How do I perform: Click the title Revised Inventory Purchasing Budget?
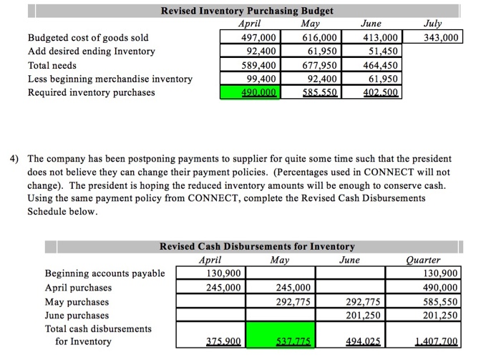click(x=247, y=11)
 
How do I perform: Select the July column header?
click(x=433, y=24)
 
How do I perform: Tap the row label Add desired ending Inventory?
click(x=91, y=52)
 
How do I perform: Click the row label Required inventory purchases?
click(x=91, y=92)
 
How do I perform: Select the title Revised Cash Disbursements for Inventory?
click(x=257, y=246)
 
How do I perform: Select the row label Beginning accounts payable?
click(x=104, y=273)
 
